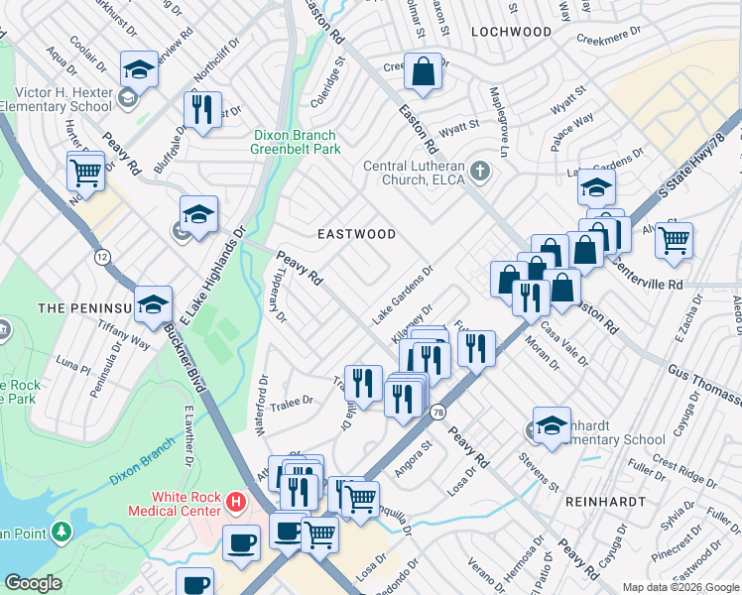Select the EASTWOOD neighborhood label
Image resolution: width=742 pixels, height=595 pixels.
point(356,234)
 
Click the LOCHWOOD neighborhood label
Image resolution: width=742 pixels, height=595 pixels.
point(511,32)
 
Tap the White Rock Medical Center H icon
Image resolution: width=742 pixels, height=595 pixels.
point(235,503)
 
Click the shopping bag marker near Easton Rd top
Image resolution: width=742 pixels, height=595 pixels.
point(424,72)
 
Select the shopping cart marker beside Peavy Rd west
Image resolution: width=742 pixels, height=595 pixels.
point(86,172)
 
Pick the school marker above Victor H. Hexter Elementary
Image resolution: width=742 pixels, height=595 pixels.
point(139,70)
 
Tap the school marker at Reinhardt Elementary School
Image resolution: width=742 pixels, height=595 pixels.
point(552,425)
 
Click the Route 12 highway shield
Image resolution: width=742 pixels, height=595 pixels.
point(102,256)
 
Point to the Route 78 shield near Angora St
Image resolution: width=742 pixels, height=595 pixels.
point(437,412)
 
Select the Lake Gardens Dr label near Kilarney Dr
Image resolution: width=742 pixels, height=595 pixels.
point(404,295)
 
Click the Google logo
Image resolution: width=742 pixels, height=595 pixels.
point(34,584)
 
